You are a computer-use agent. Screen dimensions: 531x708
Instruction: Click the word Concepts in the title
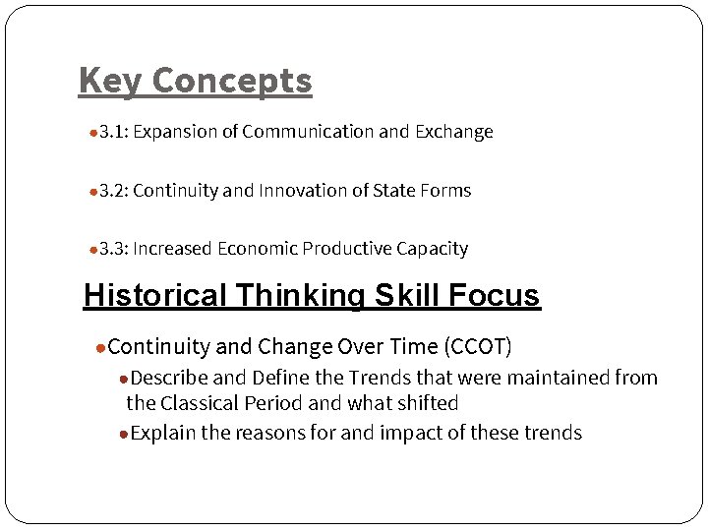click(x=232, y=81)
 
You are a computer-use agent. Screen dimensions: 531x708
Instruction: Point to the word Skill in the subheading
click(x=402, y=295)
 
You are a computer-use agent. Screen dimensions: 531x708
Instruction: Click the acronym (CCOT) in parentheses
click(x=479, y=347)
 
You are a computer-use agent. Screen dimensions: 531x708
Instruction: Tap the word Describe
click(x=168, y=378)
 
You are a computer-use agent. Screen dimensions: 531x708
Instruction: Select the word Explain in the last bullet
click(x=163, y=433)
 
